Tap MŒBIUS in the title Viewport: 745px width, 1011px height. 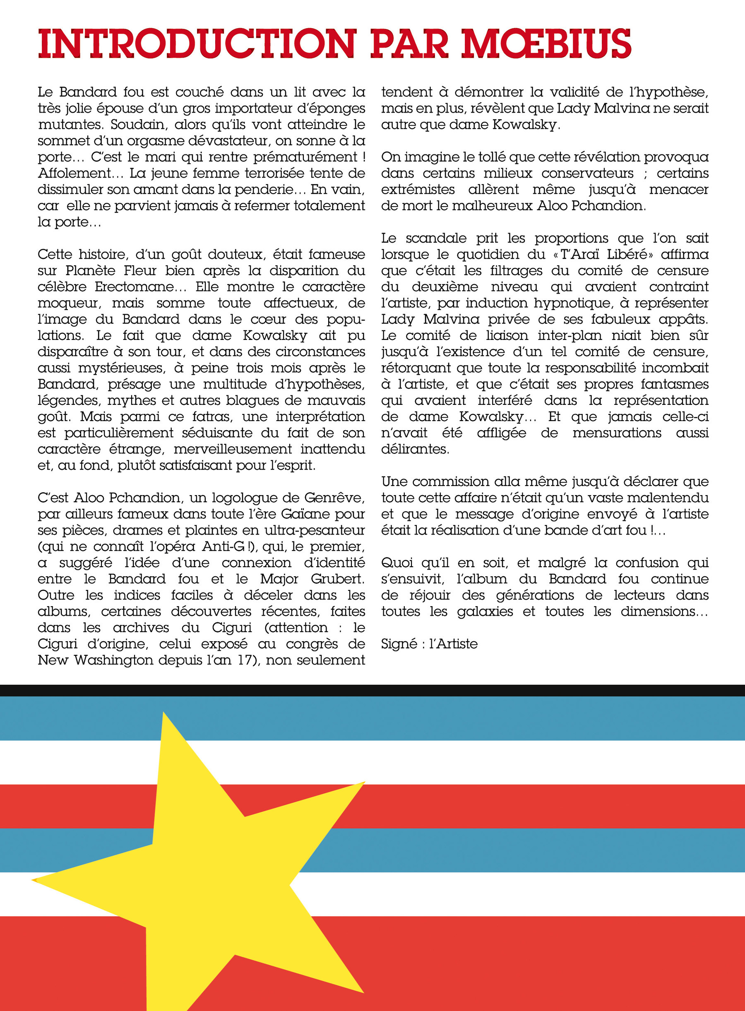click(x=546, y=44)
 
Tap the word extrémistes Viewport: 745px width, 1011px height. click(x=418, y=190)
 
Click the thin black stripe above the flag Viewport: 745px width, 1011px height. click(x=372, y=690)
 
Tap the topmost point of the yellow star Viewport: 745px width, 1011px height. click(x=163, y=713)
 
